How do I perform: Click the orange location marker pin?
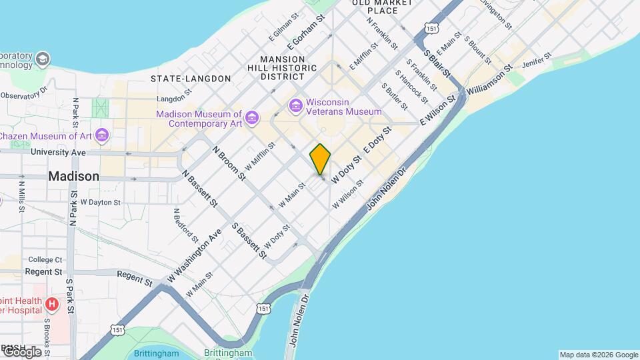[320, 159]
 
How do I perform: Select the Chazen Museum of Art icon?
[101, 136]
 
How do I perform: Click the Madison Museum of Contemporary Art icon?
[251, 119]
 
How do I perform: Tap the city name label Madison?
[74, 177]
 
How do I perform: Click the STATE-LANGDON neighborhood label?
[191, 79]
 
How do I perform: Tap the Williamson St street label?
[490, 79]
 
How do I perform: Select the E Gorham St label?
[310, 31]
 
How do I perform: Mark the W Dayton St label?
[100, 202]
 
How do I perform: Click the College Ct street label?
[45, 259]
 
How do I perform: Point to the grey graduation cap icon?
[43, 59]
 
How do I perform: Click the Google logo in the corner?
[21, 352]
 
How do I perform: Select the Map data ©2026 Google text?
[599, 355]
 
